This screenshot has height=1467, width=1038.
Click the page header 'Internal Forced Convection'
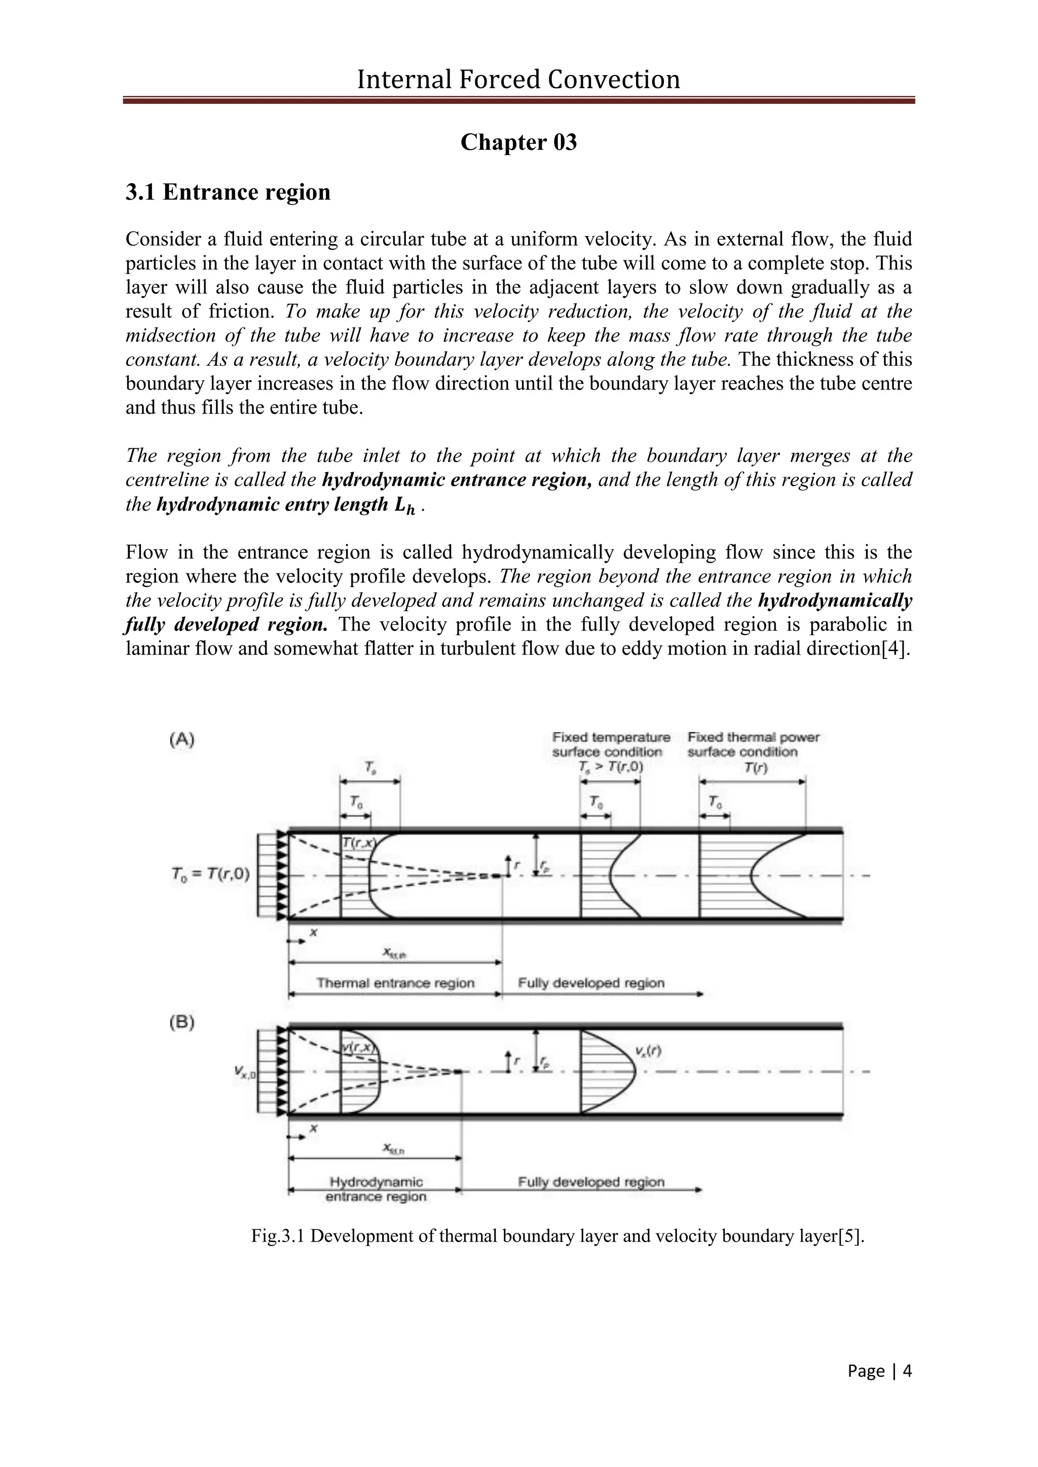coord(518,80)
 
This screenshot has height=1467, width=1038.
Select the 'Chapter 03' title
coord(518,142)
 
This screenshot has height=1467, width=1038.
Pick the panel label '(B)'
coord(182,1023)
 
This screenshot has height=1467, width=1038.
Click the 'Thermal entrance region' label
coord(396,983)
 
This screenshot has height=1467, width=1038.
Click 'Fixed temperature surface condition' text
coord(611,745)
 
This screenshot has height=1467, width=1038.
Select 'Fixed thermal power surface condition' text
coord(754,745)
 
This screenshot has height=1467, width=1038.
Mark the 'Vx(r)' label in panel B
coord(648,1050)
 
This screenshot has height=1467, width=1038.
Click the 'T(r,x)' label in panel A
coord(358,843)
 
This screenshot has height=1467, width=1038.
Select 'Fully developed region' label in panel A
coord(591,983)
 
